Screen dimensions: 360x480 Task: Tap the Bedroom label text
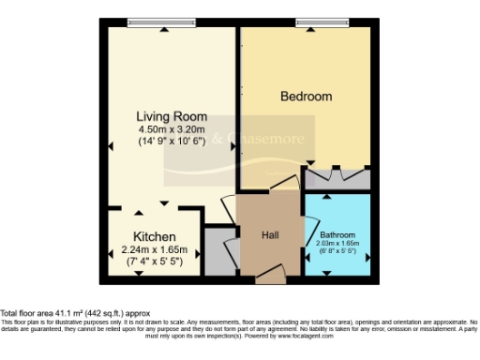[307, 97]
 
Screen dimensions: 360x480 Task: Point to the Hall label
[270, 234]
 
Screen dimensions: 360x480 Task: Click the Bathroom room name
[337, 234]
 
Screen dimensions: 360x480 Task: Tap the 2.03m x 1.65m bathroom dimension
[337, 244]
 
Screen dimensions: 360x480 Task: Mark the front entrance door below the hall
[270, 276]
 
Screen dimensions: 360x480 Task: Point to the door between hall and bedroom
[281, 184]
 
